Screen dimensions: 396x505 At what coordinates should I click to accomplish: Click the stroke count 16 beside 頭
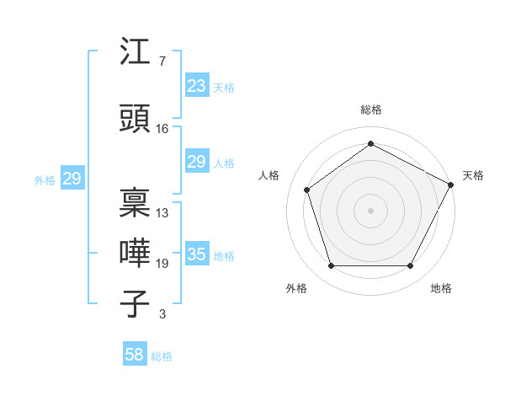[162, 129]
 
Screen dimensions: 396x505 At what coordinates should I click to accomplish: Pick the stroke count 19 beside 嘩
[162, 264]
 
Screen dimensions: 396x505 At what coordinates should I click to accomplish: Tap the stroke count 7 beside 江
[162, 62]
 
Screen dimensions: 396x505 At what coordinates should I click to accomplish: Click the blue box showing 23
[196, 86]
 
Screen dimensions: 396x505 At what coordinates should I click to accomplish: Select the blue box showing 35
[196, 254]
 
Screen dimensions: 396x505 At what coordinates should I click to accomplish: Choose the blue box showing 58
[135, 355]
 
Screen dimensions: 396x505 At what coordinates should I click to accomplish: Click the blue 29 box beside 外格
[72, 179]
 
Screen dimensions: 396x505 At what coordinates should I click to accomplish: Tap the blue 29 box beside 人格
[196, 162]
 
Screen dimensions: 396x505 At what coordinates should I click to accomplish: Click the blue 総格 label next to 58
[162, 356]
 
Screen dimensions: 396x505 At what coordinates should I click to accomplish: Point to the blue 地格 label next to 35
[224, 256]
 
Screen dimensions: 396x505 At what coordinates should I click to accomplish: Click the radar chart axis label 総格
[371, 110]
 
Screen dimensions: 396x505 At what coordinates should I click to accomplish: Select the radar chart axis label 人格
[269, 175]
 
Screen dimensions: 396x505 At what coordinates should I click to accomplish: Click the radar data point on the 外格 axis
[331, 266]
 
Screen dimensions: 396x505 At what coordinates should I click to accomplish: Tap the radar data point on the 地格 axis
[411, 266]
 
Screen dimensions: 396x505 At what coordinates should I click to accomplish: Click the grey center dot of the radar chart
[370, 211]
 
